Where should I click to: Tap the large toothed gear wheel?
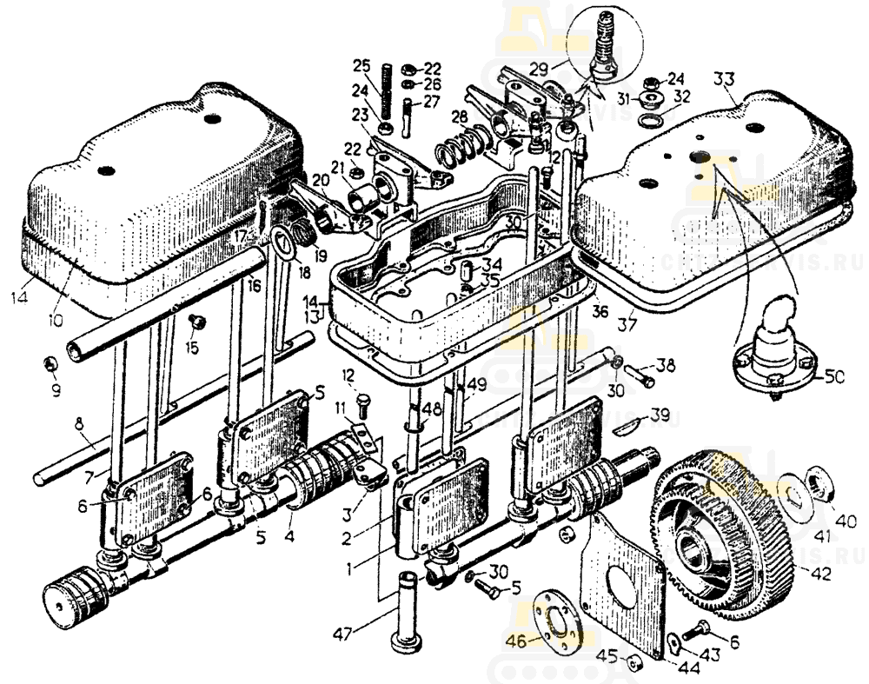(726, 530)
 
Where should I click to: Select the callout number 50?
(835, 376)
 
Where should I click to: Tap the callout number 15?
(191, 348)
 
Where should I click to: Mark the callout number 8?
(78, 423)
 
